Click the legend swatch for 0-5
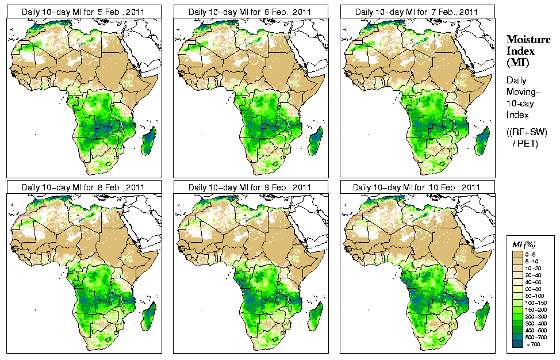coord(517,254)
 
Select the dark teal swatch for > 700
coord(517,344)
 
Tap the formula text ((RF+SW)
coord(527,132)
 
